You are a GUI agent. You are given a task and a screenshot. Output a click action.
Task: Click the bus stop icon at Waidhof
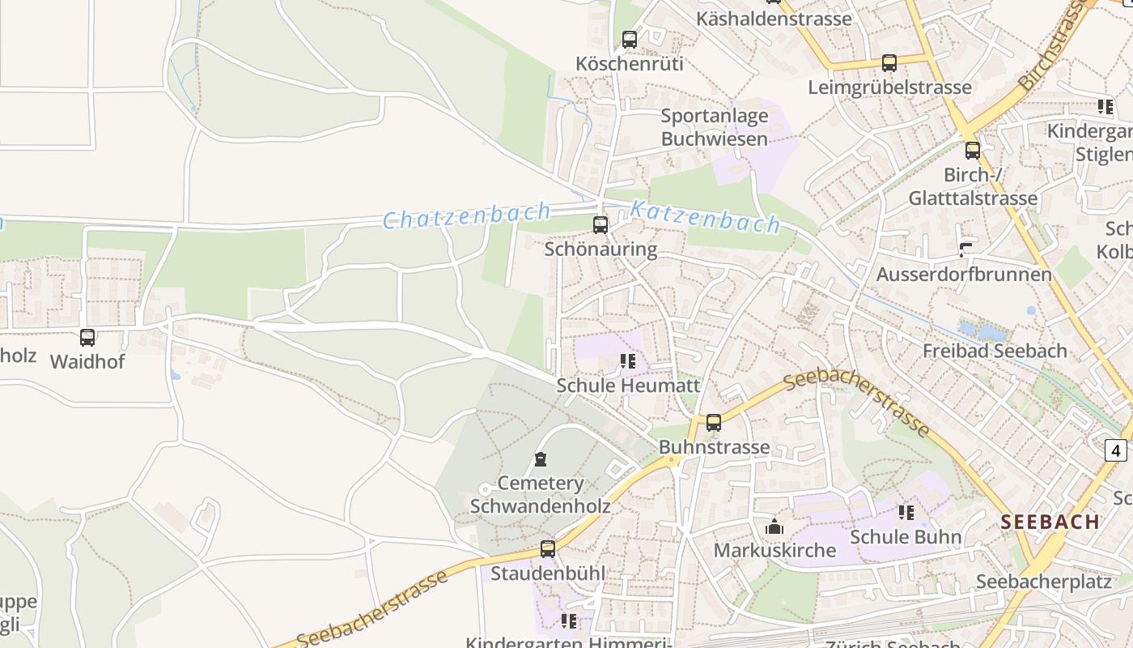click(87, 338)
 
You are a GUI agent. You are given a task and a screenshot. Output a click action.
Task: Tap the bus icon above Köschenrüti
click(629, 40)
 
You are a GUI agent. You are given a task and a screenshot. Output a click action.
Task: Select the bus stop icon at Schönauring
click(600, 225)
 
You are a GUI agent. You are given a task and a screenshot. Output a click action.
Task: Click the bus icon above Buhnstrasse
click(713, 423)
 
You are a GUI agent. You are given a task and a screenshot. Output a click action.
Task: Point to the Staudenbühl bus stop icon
click(548, 549)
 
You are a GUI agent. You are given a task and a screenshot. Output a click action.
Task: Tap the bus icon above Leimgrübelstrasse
click(889, 63)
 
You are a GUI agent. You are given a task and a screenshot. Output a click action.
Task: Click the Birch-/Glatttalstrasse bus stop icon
click(972, 151)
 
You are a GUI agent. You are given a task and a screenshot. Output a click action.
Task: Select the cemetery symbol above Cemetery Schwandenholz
click(540, 460)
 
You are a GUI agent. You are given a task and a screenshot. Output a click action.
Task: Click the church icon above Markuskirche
click(774, 526)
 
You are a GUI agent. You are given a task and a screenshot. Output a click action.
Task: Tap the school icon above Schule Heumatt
click(628, 361)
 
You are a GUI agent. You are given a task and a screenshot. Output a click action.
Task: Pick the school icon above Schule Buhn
click(906, 513)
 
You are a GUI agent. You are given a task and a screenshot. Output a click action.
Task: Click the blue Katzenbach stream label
click(705, 217)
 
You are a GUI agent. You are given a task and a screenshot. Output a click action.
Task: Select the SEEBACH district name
click(1050, 522)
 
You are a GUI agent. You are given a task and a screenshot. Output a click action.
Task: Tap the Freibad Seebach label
click(995, 351)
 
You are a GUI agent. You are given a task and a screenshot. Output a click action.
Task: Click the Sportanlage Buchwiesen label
click(714, 127)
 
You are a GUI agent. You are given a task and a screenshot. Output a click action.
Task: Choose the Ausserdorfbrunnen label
click(964, 274)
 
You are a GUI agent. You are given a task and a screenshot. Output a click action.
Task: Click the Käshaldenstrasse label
click(773, 18)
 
